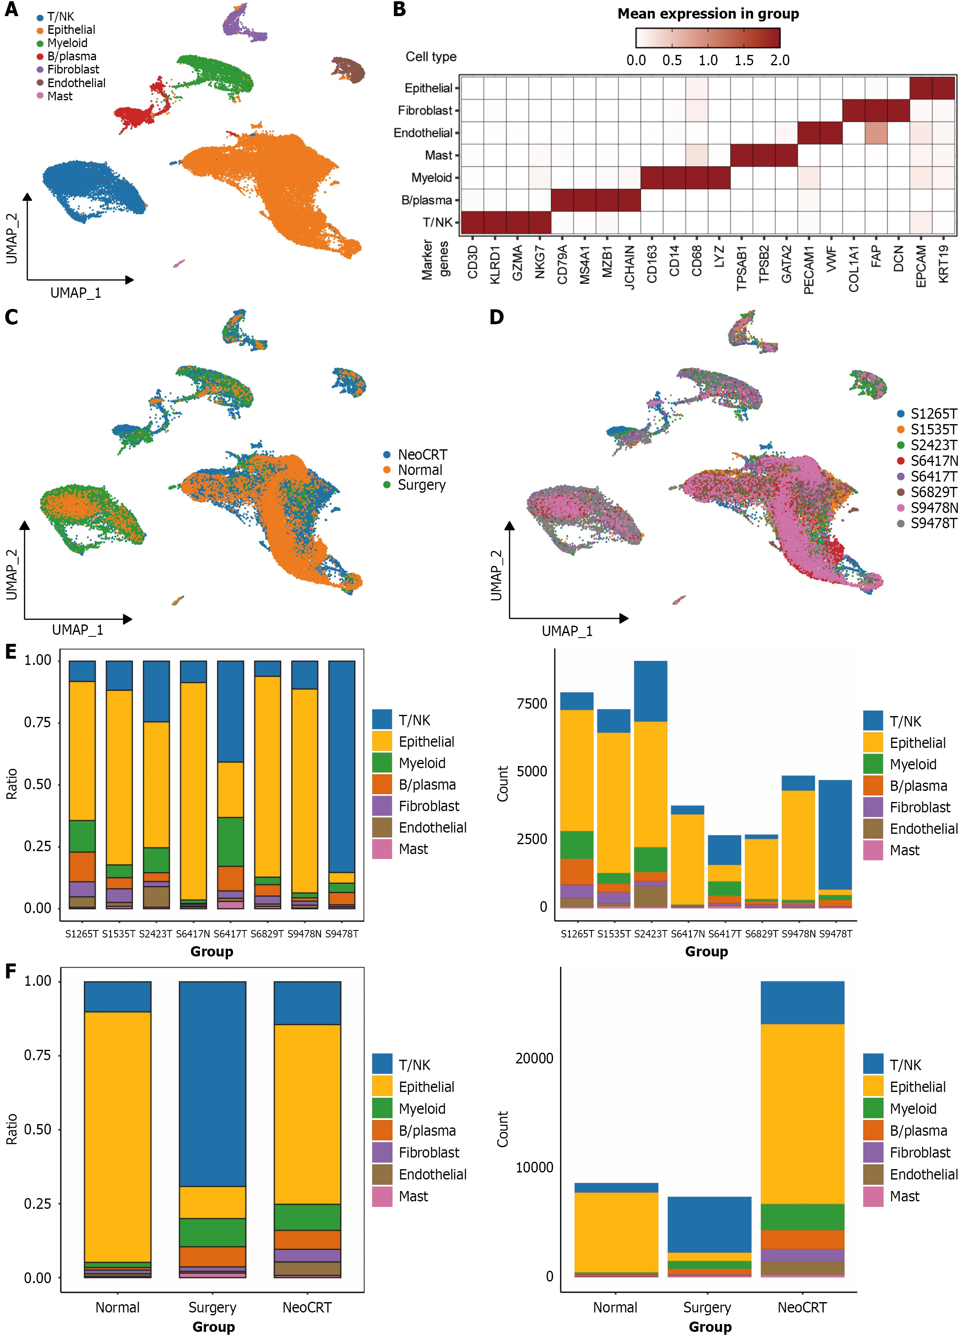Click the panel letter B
pos(399,9)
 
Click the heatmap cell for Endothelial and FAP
pos(876,133)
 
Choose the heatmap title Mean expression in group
pos(708,14)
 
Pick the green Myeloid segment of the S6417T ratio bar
pos(230,841)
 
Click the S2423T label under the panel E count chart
pos(650,934)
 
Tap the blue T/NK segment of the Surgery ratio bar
pos(213,1084)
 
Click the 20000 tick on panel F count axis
pos(534,1058)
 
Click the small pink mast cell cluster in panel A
pos(178,263)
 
